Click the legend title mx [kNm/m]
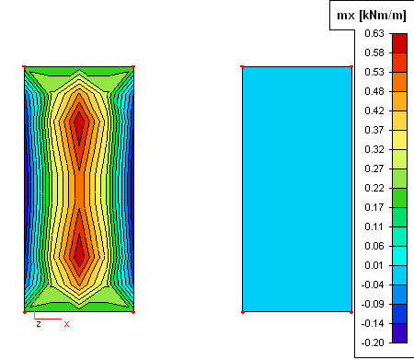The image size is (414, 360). click(x=372, y=15)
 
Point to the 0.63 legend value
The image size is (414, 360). click(x=374, y=33)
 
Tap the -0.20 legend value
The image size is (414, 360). click(x=373, y=343)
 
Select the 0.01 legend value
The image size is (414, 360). click(x=374, y=265)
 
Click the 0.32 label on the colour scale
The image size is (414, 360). click(x=374, y=149)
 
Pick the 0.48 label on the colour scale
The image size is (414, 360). click(x=374, y=91)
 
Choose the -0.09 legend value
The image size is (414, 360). click(x=373, y=304)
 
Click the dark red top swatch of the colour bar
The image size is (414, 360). click(x=400, y=43)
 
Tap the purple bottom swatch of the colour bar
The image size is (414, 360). click(x=400, y=333)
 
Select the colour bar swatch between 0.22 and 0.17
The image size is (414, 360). click(x=400, y=198)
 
